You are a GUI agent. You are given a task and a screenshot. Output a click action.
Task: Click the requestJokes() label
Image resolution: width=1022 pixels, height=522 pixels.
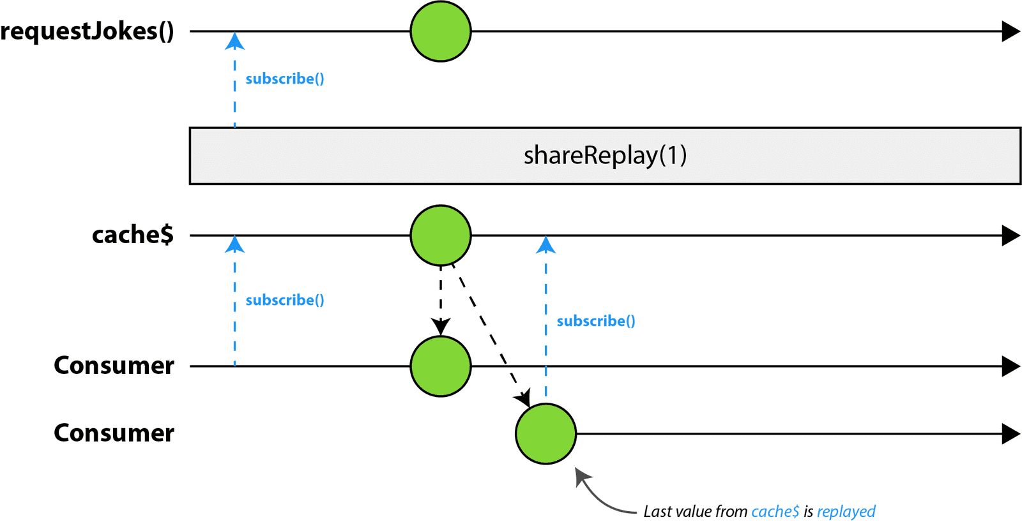click(x=87, y=31)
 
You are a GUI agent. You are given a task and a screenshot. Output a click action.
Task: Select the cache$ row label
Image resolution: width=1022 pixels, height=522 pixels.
click(x=133, y=235)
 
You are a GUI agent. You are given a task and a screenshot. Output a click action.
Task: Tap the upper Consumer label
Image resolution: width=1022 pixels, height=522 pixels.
click(x=114, y=366)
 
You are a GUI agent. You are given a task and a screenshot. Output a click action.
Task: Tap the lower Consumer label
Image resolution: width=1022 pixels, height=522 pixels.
click(x=114, y=433)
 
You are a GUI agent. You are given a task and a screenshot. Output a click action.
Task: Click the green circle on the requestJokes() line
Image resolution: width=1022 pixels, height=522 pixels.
click(x=441, y=31)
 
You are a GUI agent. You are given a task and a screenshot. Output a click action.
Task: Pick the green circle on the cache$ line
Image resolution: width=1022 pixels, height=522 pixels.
click(x=441, y=235)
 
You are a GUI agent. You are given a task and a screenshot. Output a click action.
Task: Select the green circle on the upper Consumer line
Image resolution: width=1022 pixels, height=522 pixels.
click(x=441, y=366)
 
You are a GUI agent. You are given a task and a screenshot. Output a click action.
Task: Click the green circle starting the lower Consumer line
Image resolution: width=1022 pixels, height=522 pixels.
click(x=545, y=434)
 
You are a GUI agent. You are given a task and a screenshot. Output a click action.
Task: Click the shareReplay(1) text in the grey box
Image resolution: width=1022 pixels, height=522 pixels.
click(x=605, y=155)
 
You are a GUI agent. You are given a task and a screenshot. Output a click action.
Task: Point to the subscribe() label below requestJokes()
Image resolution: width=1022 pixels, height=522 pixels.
click(x=285, y=78)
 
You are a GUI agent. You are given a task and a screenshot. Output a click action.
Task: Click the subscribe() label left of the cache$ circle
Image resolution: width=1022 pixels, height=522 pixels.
click(x=285, y=300)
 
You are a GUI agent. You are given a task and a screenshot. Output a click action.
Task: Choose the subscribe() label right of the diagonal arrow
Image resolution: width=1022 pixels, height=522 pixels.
click(x=596, y=321)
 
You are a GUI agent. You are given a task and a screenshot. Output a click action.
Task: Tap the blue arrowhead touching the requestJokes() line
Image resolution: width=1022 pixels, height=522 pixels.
click(x=235, y=42)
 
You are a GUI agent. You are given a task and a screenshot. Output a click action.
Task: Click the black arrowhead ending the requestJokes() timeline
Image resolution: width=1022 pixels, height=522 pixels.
click(x=1011, y=31)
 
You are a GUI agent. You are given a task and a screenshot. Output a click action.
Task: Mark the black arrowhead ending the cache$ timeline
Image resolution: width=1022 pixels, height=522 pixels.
click(x=1011, y=235)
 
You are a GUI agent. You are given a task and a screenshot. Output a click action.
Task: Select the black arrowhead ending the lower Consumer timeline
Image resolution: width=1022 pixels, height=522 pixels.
click(x=1011, y=434)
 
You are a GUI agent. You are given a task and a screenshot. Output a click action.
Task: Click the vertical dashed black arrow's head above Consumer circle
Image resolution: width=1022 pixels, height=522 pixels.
click(x=441, y=327)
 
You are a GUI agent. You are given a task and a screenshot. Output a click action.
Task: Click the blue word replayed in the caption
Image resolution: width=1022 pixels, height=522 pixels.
click(x=846, y=512)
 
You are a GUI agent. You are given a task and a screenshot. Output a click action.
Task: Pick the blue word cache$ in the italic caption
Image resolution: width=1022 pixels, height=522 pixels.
click(x=775, y=512)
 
